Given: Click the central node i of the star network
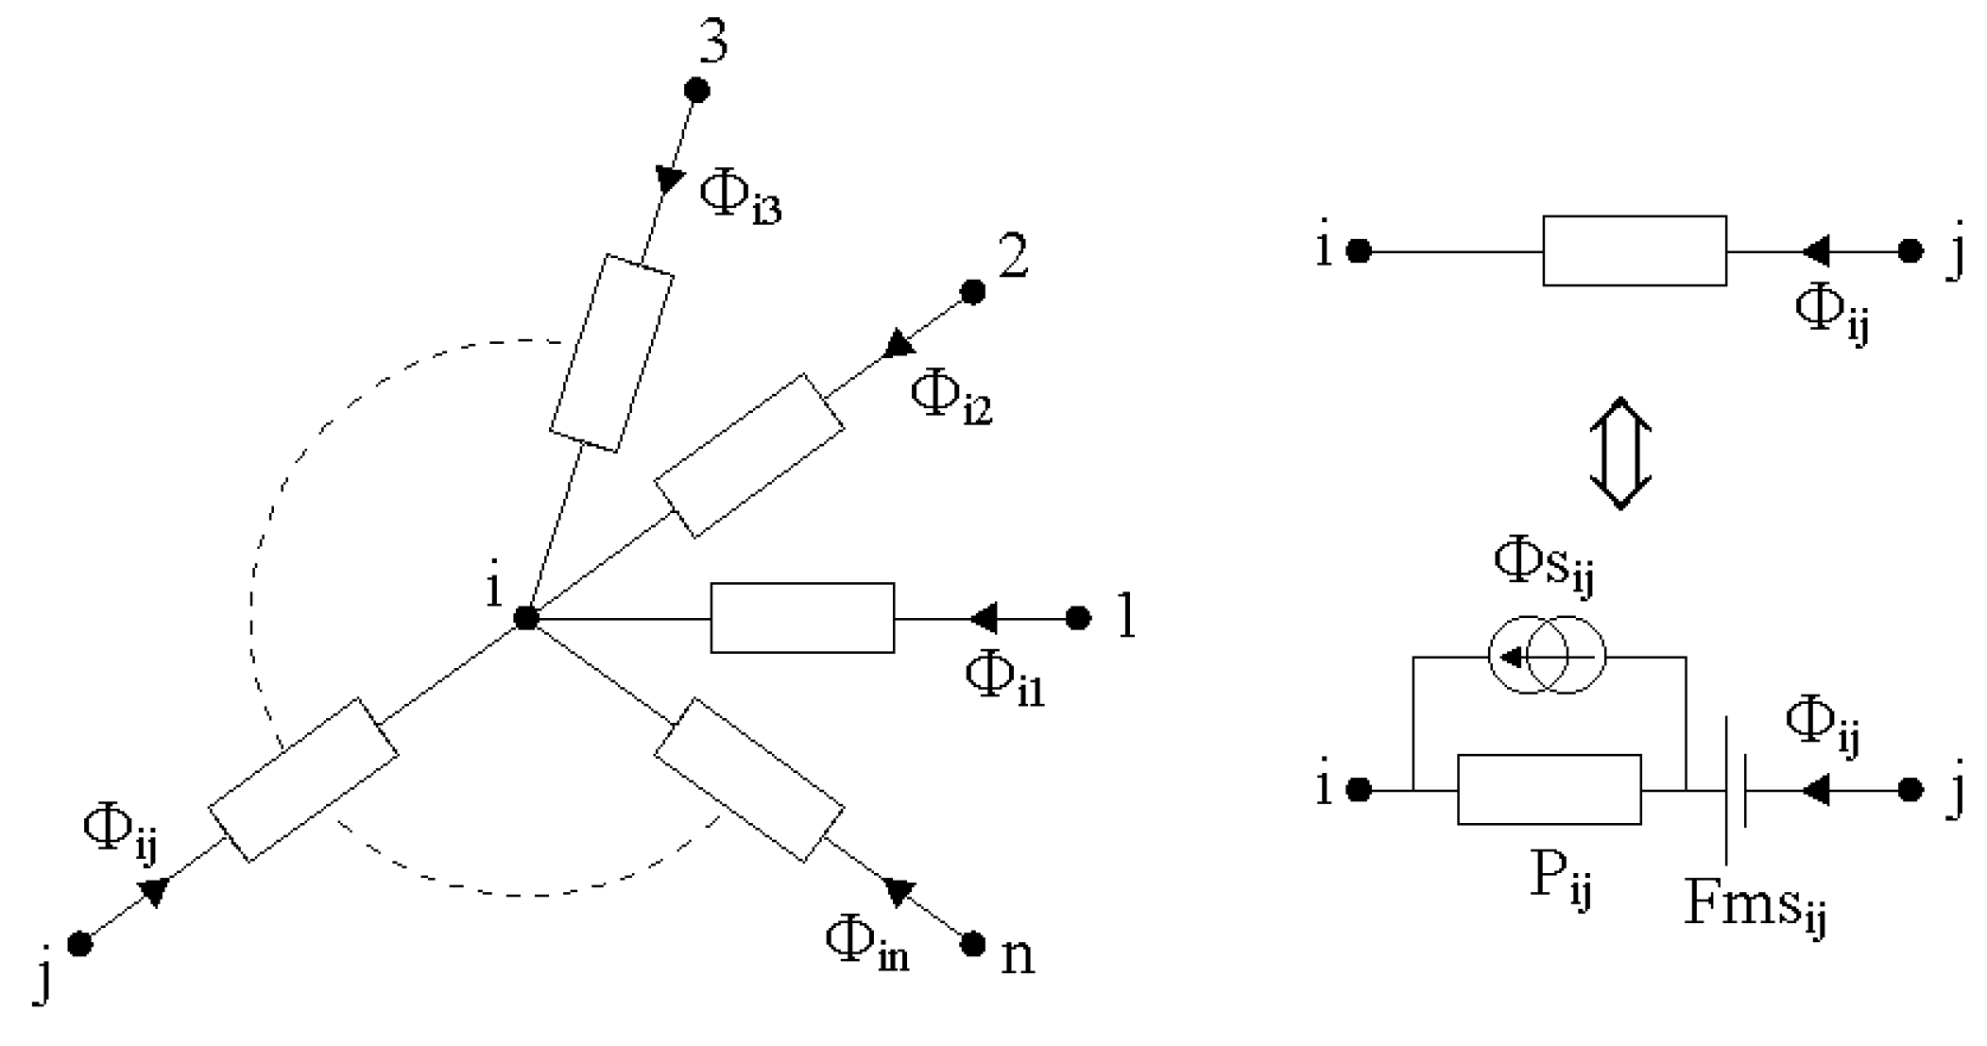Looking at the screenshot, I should [526, 618].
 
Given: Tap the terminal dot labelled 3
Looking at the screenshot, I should [696, 90].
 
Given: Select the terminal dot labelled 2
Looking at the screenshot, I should [972, 292].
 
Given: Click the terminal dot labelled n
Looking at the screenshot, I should [972, 943].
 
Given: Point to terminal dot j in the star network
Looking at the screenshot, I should [80, 943].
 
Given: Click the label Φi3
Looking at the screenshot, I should [739, 198].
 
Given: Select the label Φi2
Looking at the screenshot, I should [950, 397].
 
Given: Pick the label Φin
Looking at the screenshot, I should [865, 945].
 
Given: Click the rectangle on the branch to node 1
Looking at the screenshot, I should [802, 618].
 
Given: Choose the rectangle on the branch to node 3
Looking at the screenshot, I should [611, 352].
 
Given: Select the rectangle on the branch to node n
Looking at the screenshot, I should [748, 780].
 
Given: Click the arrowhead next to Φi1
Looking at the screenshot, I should [983, 618].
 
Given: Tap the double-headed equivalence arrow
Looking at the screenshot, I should [1619, 454].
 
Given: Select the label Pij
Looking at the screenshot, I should [1560, 879].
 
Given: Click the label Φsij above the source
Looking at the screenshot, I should [1542, 564].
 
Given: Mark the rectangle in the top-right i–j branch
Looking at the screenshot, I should [1634, 250].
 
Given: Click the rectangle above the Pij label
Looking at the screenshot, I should [1549, 789].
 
